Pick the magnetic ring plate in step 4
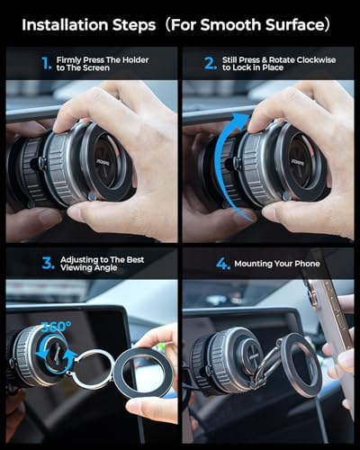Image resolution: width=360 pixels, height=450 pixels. click(x=301, y=364)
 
